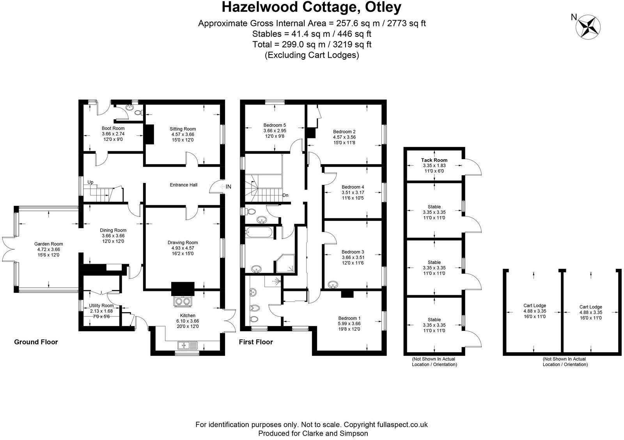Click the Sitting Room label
click(x=183, y=129)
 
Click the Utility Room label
click(x=101, y=305)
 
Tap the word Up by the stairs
click(x=90, y=182)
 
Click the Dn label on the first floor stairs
click(x=285, y=195)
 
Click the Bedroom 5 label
click(x=275, y=125)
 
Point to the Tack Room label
click(x=434, y=160)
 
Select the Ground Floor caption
click(x=36, y=342)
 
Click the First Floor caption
click(x=255, y=342)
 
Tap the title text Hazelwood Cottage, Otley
click(x=312, y=7)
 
